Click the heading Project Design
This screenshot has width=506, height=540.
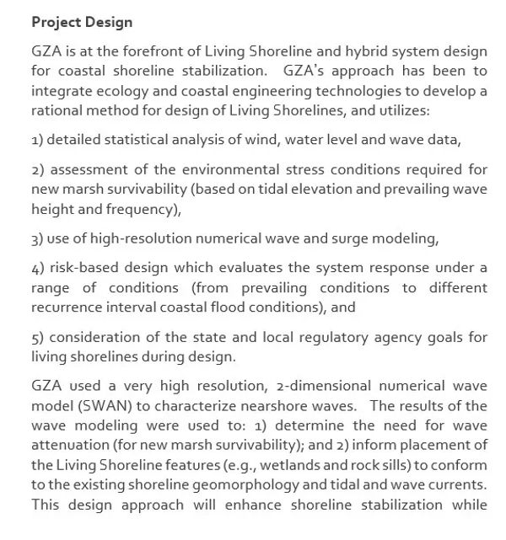(x=82, y=21)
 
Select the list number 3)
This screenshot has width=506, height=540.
(x=37, y=238)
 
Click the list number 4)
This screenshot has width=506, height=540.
(x=37, y=268)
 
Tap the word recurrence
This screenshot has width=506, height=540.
(x=67, y=307)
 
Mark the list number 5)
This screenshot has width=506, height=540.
(x=37, y=338)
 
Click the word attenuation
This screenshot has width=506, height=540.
(x=68, y=445)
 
